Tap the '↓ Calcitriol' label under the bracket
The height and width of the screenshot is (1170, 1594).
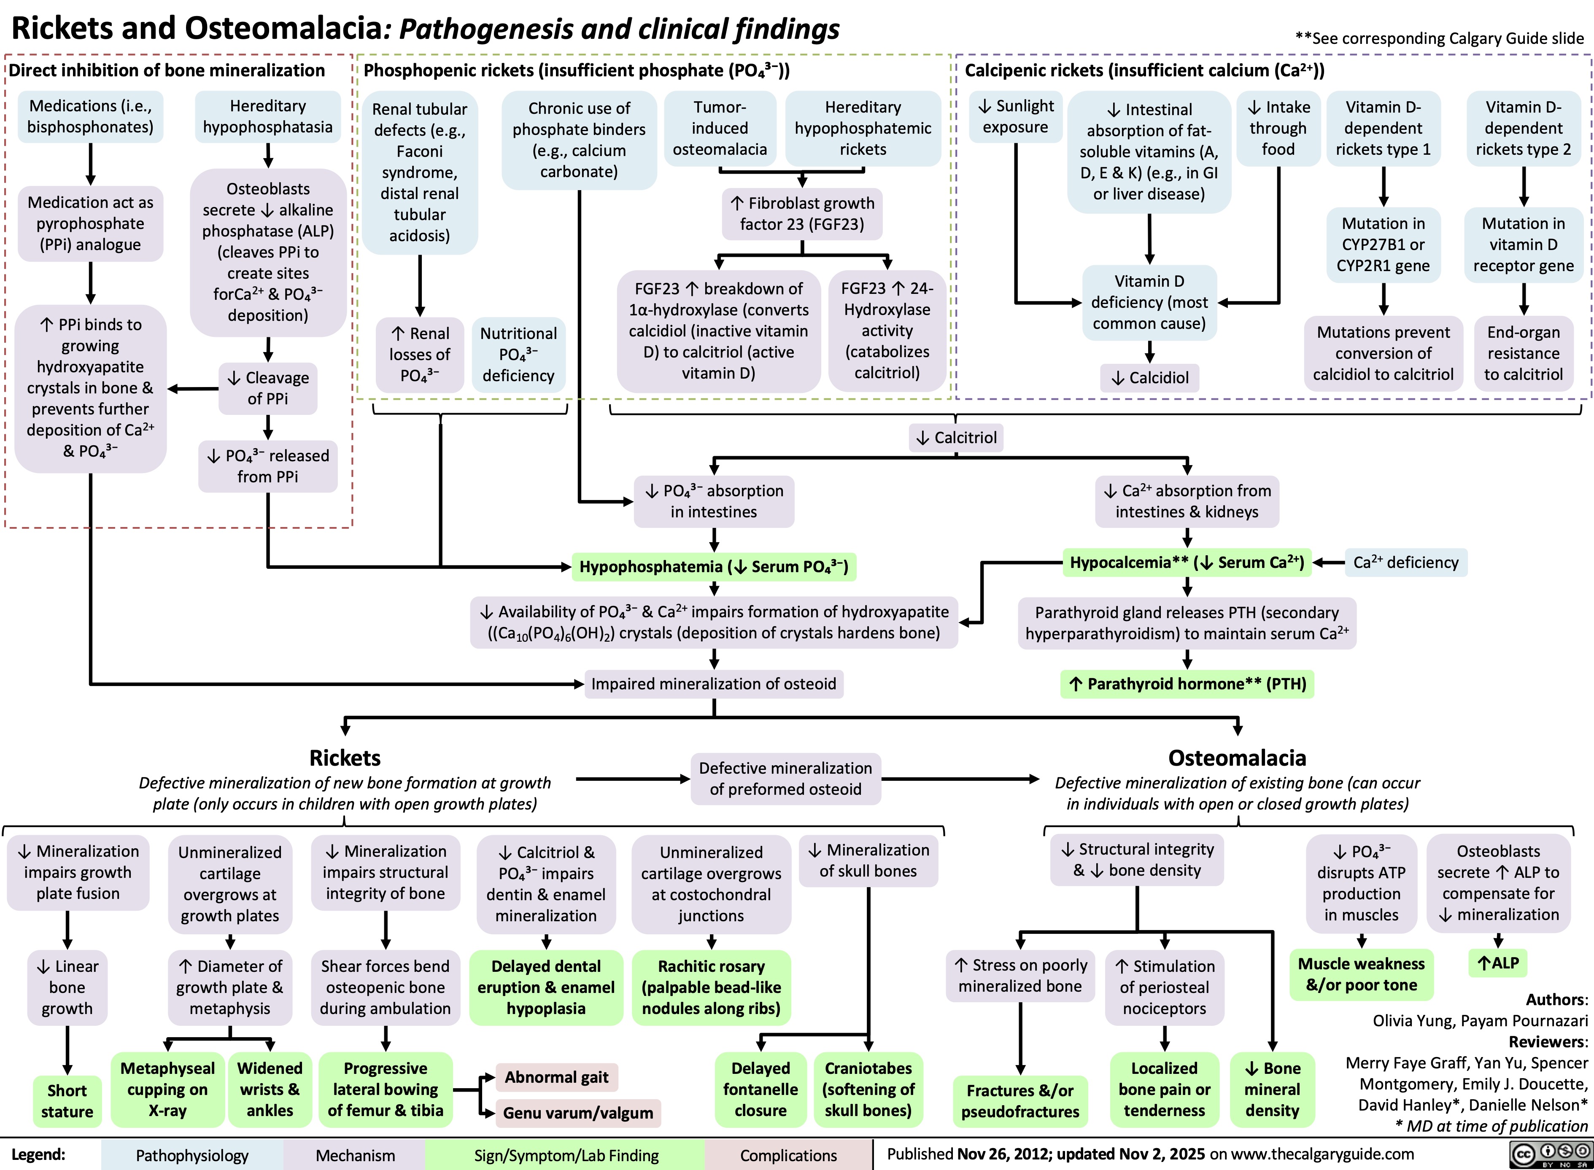956,438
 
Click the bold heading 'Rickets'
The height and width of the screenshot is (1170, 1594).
345,758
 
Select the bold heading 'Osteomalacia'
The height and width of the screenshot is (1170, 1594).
1237,758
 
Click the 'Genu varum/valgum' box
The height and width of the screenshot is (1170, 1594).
578,1113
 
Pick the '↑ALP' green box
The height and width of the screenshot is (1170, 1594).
1498,963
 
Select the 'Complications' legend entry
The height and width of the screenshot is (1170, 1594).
788,1156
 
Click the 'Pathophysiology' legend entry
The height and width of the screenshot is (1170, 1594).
192,1156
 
